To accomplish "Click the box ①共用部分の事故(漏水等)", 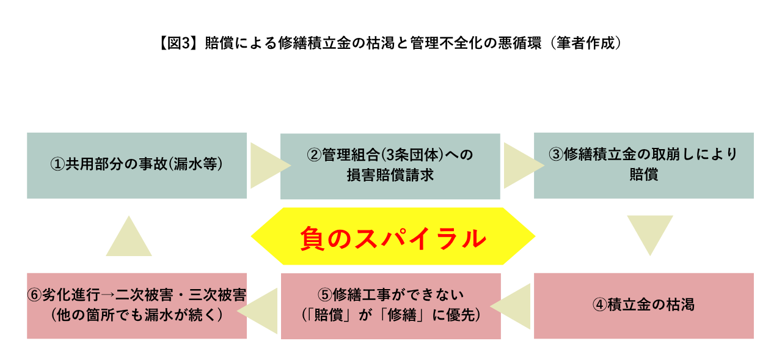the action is (x=137, y=166).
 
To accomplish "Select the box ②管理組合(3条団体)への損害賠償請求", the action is (x=390, y=166).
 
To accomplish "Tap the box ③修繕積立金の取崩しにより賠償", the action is (x=644, y=166).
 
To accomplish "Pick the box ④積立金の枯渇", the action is (x=644, y=306).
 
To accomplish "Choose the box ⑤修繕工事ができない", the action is (x=391, y=306).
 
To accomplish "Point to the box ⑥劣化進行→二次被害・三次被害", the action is (x=137, y=306).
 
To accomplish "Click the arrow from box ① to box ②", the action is (x=271, y=166).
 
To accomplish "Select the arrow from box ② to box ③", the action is (x=524, y=166).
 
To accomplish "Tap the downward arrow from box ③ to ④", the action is (x=650, y=234).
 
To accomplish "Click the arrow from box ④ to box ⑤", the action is (x=510, y=306).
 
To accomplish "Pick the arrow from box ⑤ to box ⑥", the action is (x=257, y=310).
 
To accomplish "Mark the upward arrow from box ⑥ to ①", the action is (x=129, y=237).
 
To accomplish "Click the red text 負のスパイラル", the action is (x=393, y=238).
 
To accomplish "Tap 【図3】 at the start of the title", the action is (x=177, y=43).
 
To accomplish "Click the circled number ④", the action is (x=599, y=305).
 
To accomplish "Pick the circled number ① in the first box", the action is (x=57, y=164).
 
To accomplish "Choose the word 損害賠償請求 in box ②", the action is (x=390, y=175).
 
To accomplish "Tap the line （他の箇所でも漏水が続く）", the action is (x=137, y=315).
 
